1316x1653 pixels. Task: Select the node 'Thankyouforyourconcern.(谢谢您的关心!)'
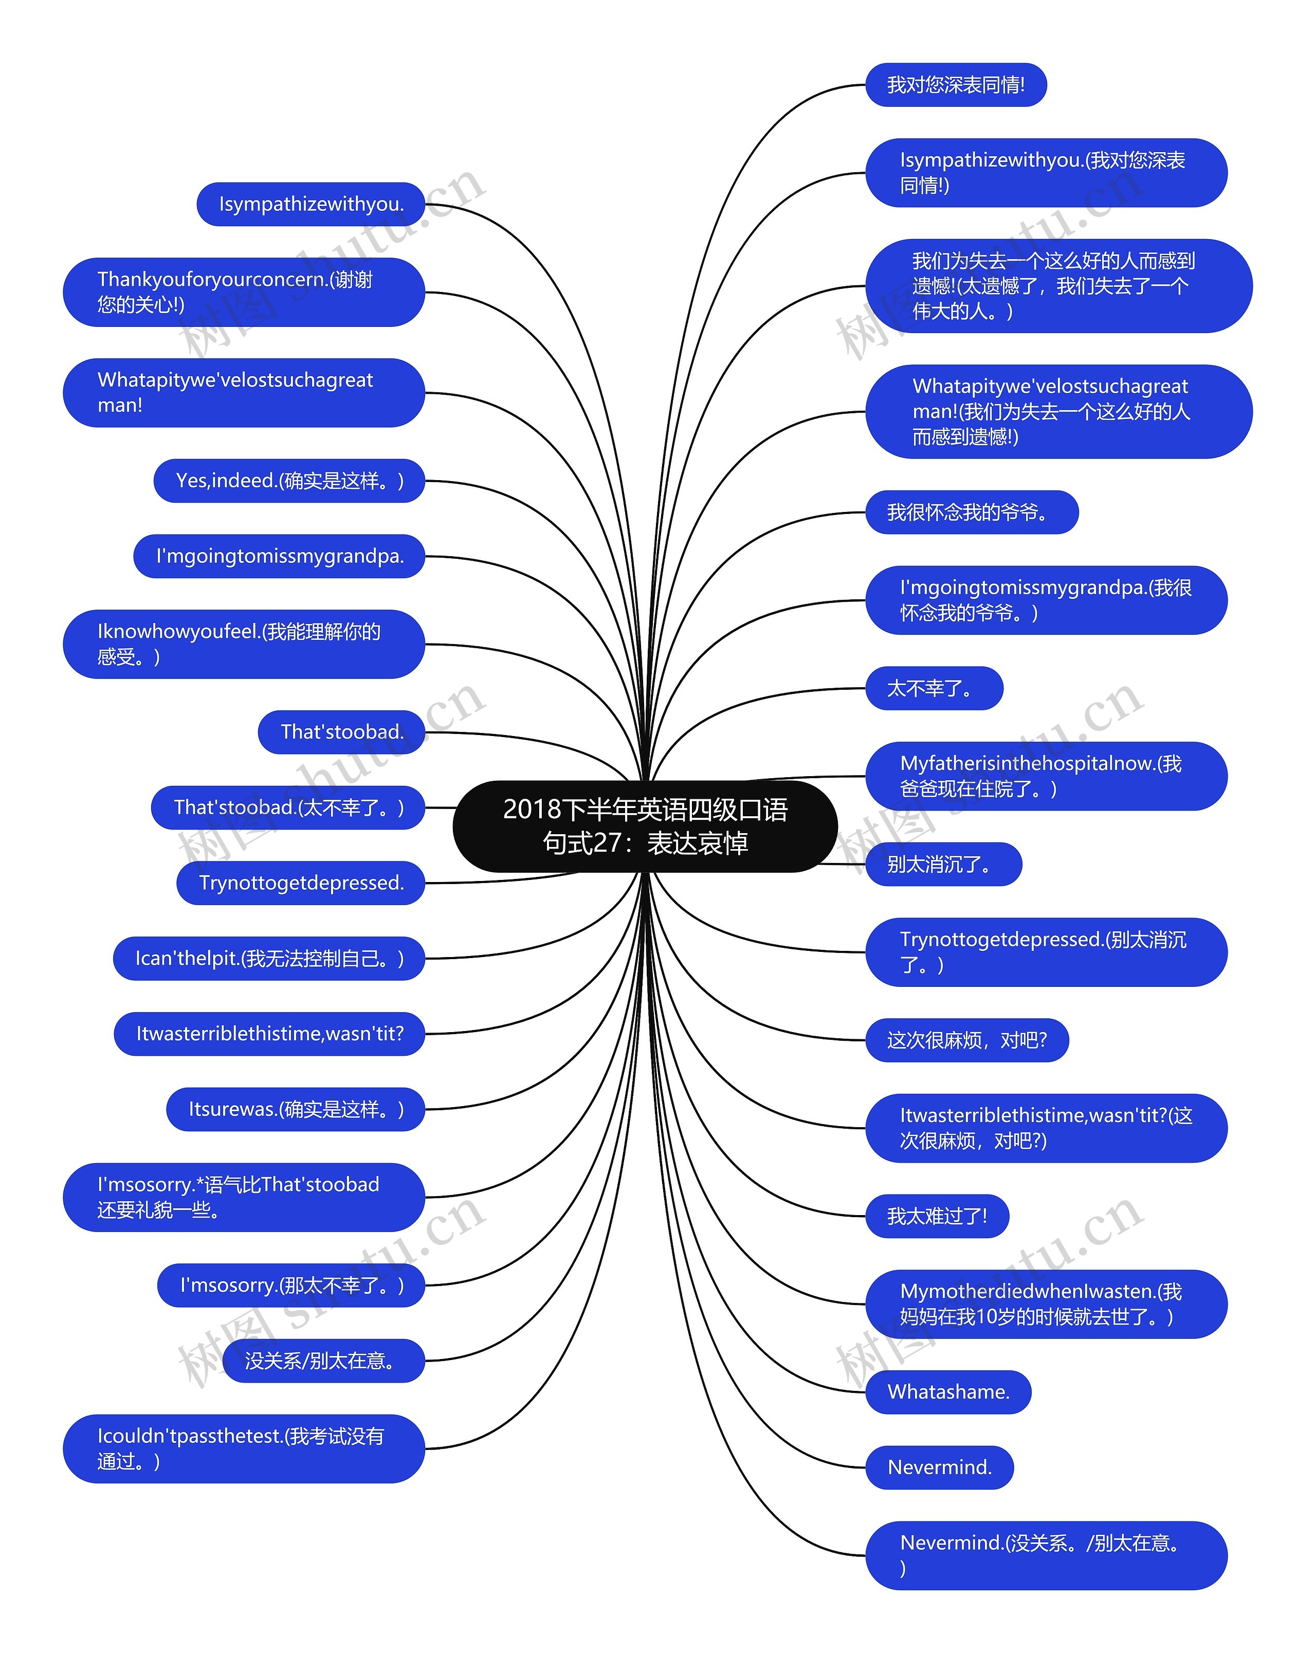click(x=243, y=292)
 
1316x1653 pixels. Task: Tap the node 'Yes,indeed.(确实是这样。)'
click(x=289, y=481)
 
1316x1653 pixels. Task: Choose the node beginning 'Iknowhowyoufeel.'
click(x=243, y=644)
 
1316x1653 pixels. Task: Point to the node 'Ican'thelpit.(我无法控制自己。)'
click(x=268, y=959)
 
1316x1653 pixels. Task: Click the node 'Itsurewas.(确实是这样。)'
click(x=295, y=1109)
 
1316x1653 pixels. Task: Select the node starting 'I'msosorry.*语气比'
click(x=243, y=1197)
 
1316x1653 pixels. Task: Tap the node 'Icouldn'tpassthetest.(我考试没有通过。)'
click(x=243, y=1448)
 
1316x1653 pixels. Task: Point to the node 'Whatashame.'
click(x=948, y=1391)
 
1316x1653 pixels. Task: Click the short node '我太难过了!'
click(x=937, y=1216)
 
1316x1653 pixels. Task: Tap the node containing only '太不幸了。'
click(x=934, y=689)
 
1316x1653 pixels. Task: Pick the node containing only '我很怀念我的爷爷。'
click(x=971, y=512)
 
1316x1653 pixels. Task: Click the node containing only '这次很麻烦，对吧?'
click(x=966, y=1040)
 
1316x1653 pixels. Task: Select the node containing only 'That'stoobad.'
click(x=341, y=732)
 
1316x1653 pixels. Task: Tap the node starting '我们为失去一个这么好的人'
click(x=1058, y=286)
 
